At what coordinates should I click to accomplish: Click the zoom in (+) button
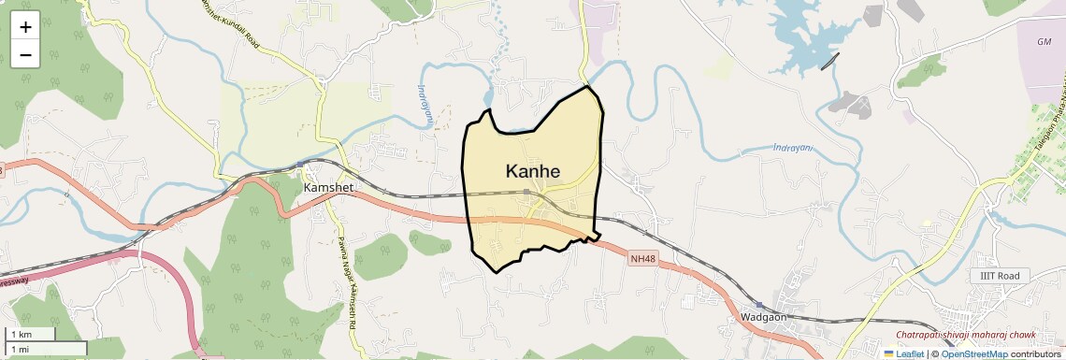coord(25,26)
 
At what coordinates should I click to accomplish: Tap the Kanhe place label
coord(533,171)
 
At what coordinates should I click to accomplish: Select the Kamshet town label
coord(329,188)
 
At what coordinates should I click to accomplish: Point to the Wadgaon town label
coord(762,317)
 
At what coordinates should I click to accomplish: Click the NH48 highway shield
coord(641,258)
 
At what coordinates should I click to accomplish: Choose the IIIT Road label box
coord(1000,276)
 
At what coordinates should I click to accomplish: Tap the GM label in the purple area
coord(1044,42)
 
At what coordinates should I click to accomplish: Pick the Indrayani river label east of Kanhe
coord(793,147)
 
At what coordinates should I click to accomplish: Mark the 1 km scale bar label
coord(21,335)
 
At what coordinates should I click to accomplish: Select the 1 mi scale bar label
coord(20,349)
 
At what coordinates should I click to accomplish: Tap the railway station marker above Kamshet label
coord(300,165)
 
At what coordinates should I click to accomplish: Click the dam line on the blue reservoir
coord(829,61)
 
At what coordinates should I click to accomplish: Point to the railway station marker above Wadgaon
coord(759,305)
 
